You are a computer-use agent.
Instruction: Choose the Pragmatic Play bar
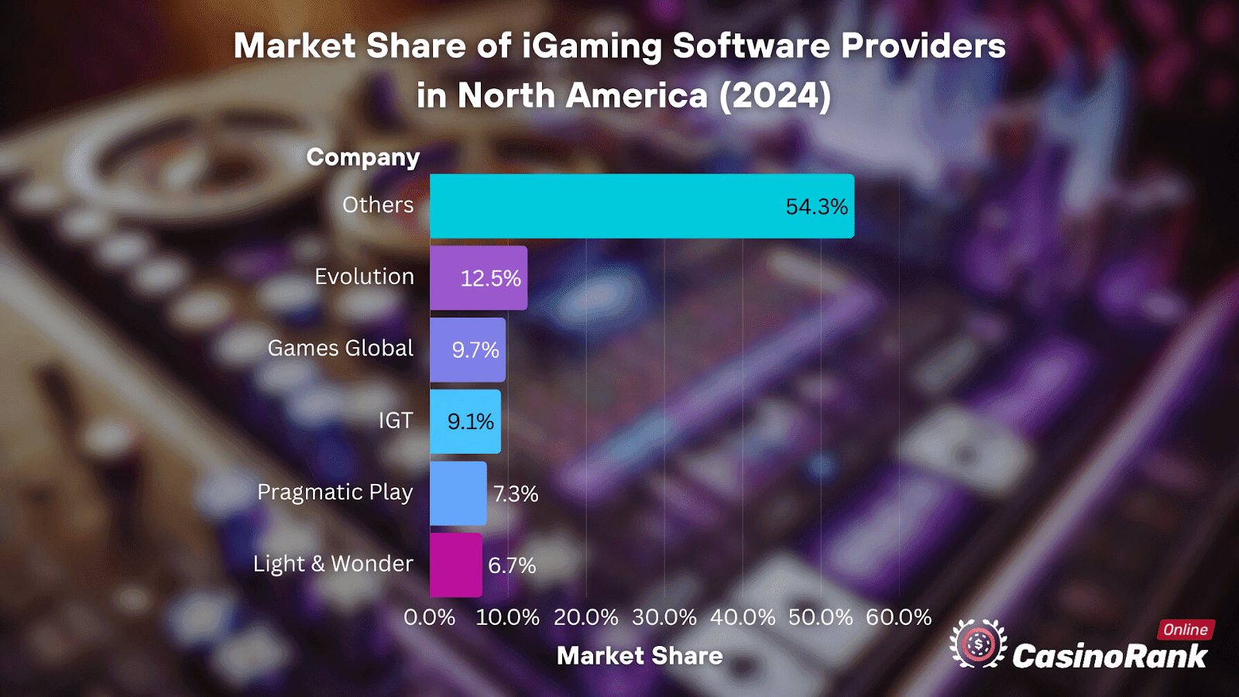[x=458, y=493]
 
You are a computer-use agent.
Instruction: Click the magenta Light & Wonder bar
[x=455, y=565]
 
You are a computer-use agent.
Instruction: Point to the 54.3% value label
[x=816, y=207]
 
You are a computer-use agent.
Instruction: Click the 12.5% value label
[x=490, y=279]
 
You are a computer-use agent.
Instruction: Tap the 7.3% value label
[x=516, y=494]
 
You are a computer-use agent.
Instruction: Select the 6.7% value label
[x=512, y=565]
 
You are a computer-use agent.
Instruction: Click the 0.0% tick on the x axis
[x=430, y=617]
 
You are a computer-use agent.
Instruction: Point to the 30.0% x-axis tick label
[x=664, y=617]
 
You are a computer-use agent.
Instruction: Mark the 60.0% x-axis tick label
[x=898, y=617]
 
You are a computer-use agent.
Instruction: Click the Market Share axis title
[x=640, y=656]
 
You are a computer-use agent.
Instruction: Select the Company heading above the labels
[x=363, y=157]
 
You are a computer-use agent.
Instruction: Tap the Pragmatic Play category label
[x=335, y=493]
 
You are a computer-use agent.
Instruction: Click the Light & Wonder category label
[x=333, y=564]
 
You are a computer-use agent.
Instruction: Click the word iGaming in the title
[x=592, y=46]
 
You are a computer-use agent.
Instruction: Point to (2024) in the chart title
[x=774, y=96]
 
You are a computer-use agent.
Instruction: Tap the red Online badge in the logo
[x=1186, y=630]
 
